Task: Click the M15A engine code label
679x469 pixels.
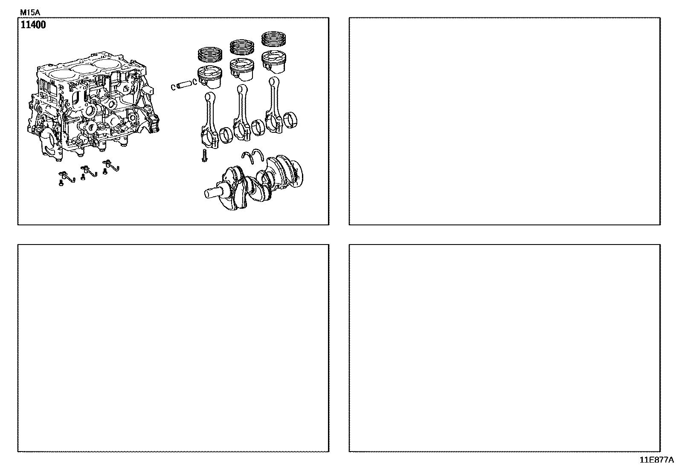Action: pyautogui.click(x=30, y=12)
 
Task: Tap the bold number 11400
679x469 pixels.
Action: pyautogui.click(x=33, y=25)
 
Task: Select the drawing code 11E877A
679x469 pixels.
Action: pyautogui.click(x=656, y=460)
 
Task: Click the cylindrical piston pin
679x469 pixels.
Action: pyautogui.click(x=184, y=84)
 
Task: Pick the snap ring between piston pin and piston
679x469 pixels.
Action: pyautogui.click(x=194, y=82)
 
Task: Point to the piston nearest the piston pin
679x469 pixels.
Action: pyautogui.click(x=210, y=77)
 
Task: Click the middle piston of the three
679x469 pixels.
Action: pyautogui.click(x=242, y=70)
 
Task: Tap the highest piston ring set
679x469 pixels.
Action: pyautogui.click(x=274, y=39)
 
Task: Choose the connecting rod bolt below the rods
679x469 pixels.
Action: pyautogui.click(x=204, y=155)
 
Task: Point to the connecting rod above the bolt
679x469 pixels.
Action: pyautogui.click(x=210, y=120)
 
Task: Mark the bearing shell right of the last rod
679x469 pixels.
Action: pyautogui.click(x=291, y=120)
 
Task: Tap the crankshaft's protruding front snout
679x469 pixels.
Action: pyautogui.click(x=214, y=192)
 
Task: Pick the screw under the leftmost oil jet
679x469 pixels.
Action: pyautogui.click(x=61, y=183)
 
